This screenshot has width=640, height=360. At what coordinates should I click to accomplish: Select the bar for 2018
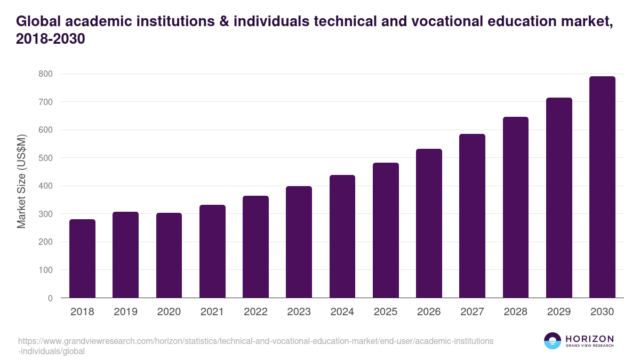click(x=82, y=259)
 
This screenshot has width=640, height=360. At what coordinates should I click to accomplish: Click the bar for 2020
click(x=169, y=255)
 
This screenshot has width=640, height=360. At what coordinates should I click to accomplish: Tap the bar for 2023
click(x=299, y=242)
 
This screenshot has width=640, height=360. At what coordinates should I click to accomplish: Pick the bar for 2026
click(x=429, y=223)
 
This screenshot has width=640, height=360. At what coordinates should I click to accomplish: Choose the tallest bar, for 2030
click(x=602, y=187)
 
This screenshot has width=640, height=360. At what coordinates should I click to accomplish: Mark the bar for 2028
click(x=515, y=207)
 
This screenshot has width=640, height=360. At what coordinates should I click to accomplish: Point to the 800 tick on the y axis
click(x=45, y=74)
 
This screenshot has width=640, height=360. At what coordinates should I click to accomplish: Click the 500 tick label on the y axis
click(x=45, y=158)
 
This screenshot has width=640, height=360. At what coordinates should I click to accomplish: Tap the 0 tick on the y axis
click(x=50, y=298)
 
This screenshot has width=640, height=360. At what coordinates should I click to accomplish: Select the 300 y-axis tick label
click(x=45, y=214)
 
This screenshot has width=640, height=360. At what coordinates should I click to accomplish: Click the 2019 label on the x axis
click(x=125, y=312)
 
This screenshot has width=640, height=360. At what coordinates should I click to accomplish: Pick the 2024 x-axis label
click(x=342, y=312)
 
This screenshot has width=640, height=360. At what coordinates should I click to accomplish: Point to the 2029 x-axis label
click(x=559, y=312)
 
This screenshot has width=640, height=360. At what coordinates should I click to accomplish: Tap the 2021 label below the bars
click(x=212, y=312)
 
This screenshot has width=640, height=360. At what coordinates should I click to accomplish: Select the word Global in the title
click(x=40, y=21)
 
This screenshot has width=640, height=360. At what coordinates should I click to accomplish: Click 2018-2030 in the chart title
click(x=51, y=39)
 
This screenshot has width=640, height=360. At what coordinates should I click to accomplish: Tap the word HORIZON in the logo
click(x=589, y=339)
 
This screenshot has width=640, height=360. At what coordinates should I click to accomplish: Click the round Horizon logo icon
click(x=553, y=341)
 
